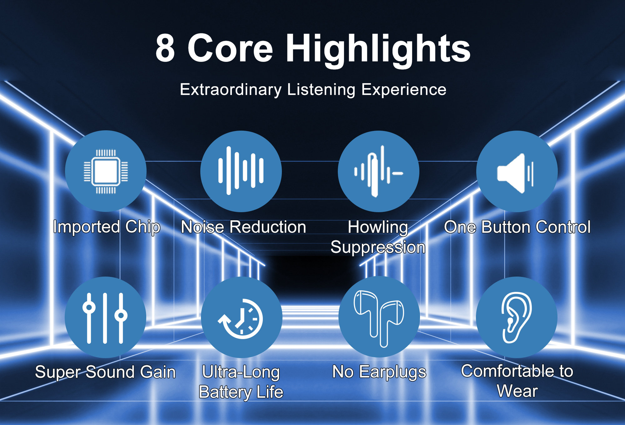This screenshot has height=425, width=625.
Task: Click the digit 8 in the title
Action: tap(165, 48)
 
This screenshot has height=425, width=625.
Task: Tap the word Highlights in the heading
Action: tap(378, 50)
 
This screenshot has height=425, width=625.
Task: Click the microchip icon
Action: tap(106, 171)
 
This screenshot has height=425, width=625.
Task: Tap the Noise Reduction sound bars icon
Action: tap(241, 171)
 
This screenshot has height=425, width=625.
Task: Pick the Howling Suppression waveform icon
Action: tap(378, 171)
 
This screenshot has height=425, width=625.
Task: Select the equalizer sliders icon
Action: tap(105, 318)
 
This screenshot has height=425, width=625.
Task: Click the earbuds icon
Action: tap(379, 318)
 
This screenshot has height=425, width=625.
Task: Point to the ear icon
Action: tap(516, 317)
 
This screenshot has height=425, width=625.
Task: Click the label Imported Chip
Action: tap(107, 227)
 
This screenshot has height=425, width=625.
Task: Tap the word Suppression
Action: tap(378, 247)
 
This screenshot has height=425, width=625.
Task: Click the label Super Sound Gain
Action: tap(105, 372)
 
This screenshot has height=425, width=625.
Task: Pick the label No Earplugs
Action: tap(379, 372)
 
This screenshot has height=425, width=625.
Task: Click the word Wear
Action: tap(517, 391)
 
